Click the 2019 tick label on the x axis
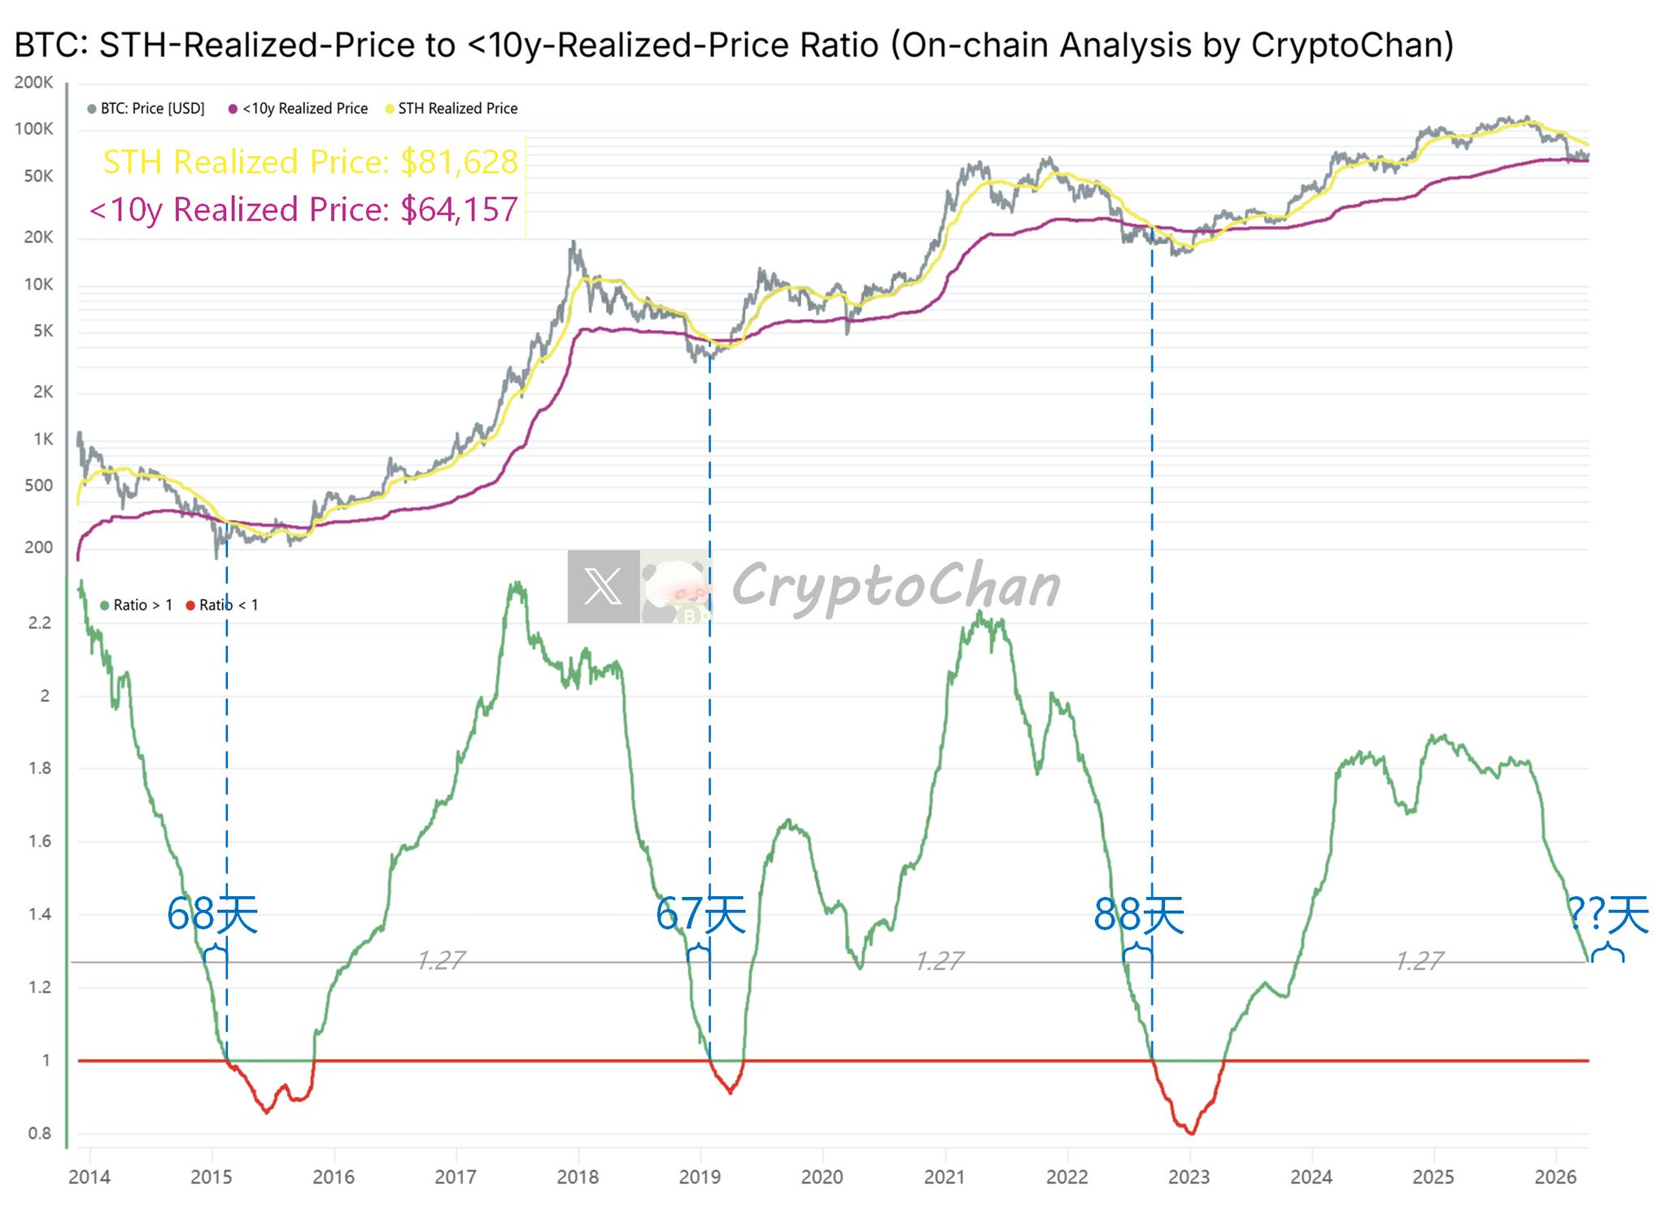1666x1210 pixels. click(x=700, y=1177)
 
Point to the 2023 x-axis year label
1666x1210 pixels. click(x=1188, y=1177)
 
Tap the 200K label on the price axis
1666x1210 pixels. click(x=33, y=82)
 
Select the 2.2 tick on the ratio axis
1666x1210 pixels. click(x=39, y=623)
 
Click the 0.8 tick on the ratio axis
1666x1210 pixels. click(x=39, y=1133)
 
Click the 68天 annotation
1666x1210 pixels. click(x=212, y=914)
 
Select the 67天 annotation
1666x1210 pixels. click(x=700, y=914)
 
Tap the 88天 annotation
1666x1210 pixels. click(x=1139, y=914)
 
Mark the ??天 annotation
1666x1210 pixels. click(x=1608, y=914)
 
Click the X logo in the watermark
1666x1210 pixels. click(x=603, y=586)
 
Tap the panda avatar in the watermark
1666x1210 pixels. click(x=675, y=586)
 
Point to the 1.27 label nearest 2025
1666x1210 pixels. click(x=1420, y=960)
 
